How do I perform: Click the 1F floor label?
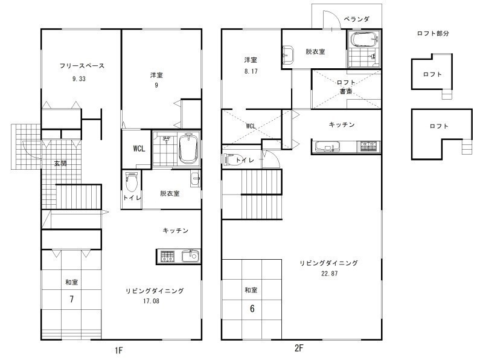point(118,350)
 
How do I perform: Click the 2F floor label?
point(299,348)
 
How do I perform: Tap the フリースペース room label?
point(82,66)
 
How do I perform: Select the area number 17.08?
point(151,301)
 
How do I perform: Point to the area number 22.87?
point(330,273)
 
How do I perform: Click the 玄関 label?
point(60,164)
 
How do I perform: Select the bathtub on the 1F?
point(188,149)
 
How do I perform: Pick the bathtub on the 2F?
point(364,39)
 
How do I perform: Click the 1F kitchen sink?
point(190,256)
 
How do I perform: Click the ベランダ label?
point(356,19)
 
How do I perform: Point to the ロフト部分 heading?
point(433,33)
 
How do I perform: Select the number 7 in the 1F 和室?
point(71,299)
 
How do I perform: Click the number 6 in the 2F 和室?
point(252,309)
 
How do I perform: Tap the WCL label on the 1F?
point(139,149)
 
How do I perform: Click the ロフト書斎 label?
point(346,87)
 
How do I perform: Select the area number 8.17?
point(251,71)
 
